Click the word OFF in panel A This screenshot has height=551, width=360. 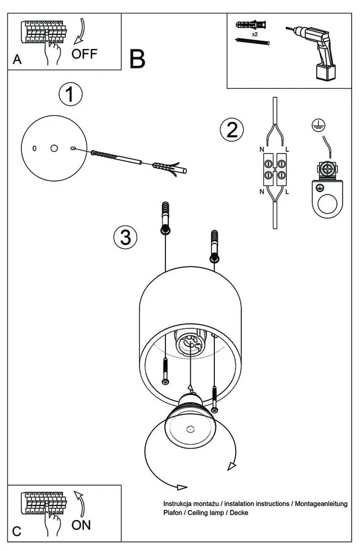pos(84,54)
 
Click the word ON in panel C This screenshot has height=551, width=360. pos(82,525)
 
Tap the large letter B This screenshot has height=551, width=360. pos(137,59)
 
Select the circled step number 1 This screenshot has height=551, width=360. pos(70,95)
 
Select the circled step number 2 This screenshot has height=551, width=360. pos(232,130)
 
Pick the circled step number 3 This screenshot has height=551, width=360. pos(125,237)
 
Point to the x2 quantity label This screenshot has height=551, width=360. pos(255,34)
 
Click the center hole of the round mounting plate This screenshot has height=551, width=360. pos(54,148)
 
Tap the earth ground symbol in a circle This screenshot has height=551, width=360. pos(318,127)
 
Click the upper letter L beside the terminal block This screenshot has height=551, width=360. pos(287,149)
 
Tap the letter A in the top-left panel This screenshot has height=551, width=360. pos(17,60)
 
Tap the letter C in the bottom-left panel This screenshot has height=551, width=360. pos(17,531)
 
